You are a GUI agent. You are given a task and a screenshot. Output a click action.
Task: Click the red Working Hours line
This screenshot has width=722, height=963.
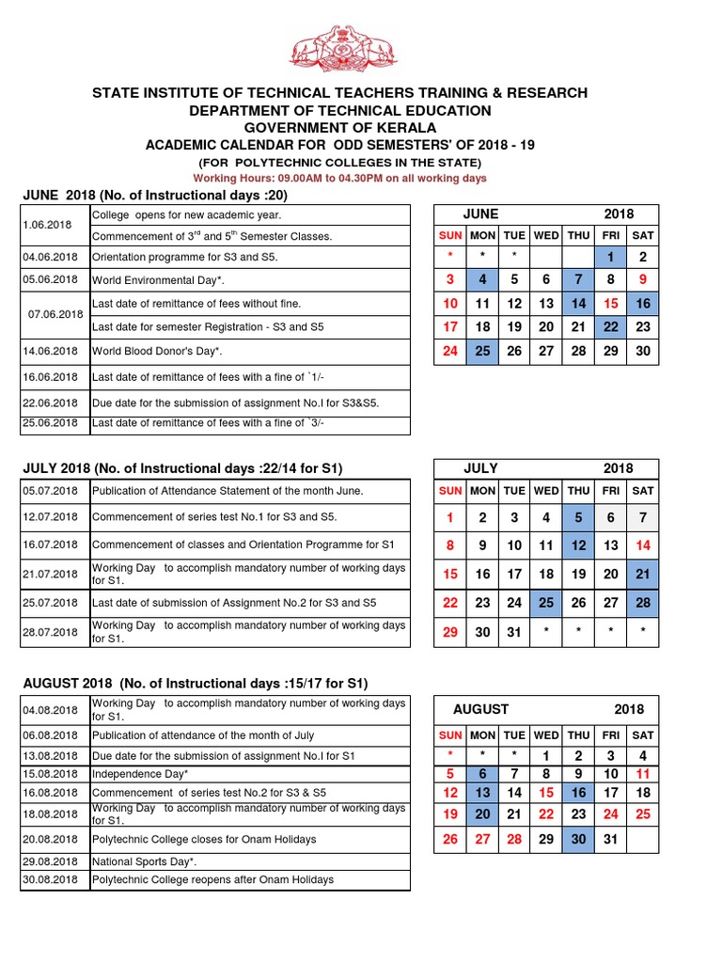[339, 178]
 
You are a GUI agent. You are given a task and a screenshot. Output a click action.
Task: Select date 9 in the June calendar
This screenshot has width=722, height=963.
[642, 278]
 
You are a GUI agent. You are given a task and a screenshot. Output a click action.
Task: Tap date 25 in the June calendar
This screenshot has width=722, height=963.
[482, 351]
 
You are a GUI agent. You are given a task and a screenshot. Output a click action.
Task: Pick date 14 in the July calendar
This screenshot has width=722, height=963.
[642, 545]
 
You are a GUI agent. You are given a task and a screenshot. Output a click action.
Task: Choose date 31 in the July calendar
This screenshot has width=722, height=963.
[514, 632]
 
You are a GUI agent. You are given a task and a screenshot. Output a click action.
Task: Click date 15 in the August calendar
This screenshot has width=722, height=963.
[546, 793]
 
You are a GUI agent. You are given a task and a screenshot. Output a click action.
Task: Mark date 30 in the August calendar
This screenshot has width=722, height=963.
[579, 839]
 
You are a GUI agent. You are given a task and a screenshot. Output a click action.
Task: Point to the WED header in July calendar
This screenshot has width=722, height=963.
[546, 491]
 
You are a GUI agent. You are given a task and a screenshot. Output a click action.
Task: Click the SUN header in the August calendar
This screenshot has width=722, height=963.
[450, 735]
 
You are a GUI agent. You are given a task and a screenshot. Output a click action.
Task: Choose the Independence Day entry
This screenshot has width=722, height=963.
[140, 774]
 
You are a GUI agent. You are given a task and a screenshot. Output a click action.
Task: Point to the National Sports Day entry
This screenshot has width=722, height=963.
[144, 861]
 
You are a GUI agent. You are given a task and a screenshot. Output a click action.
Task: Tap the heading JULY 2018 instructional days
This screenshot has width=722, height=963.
[181, 468]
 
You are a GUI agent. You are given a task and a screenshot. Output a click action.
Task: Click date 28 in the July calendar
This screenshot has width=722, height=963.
[642, 603]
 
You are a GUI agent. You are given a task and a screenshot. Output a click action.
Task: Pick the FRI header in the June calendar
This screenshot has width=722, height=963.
[611, 234]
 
